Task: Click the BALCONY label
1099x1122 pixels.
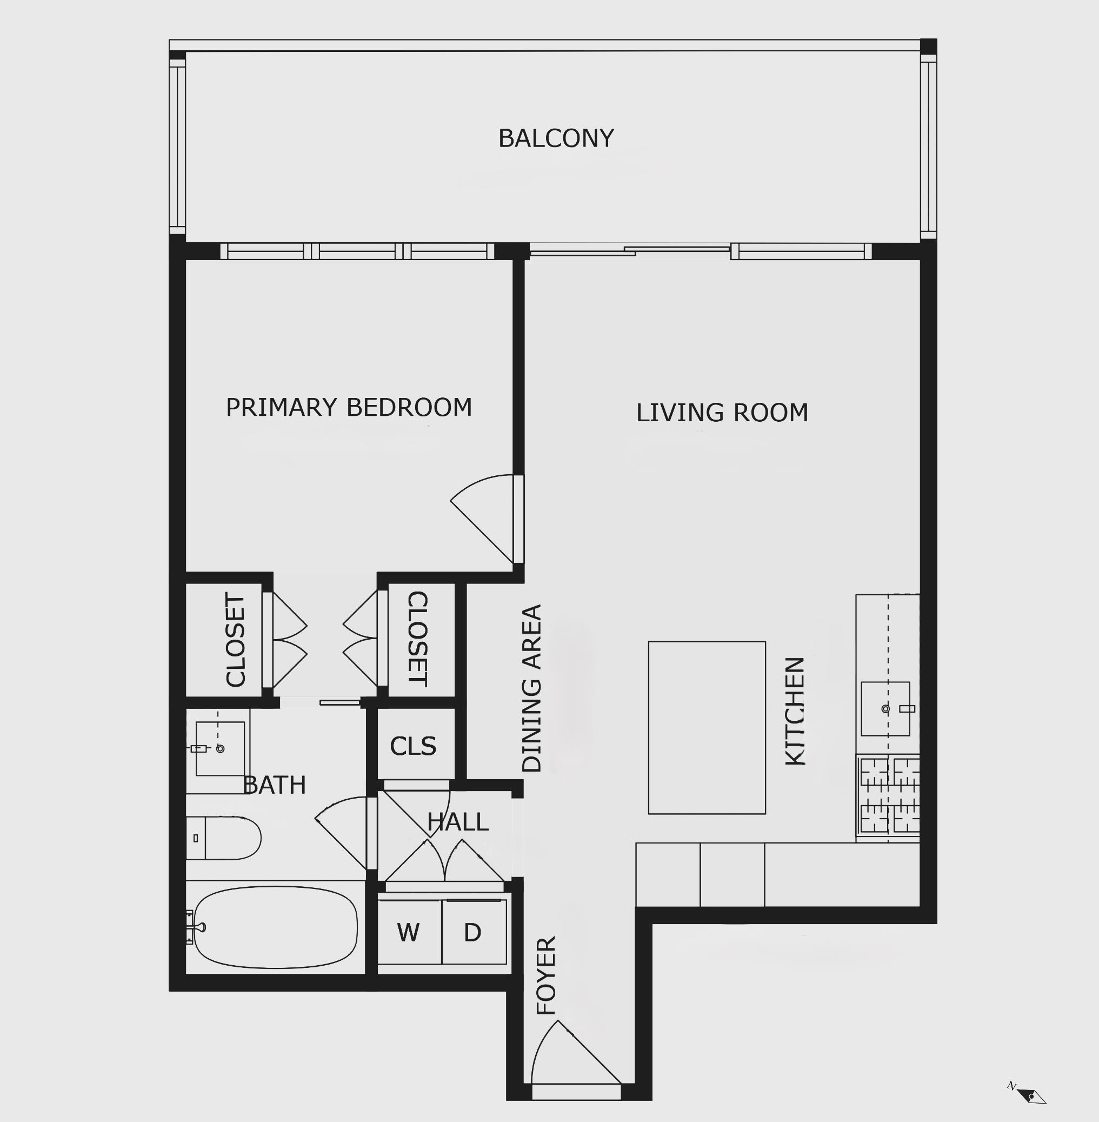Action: pos(556,138)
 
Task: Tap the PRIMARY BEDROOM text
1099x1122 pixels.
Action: pos(349,408)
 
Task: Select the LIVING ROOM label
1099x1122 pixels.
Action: pos(722,413)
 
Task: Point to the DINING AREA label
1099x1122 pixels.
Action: pos(531,688)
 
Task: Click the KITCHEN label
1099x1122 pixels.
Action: pos(795,712)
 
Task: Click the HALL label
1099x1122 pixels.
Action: pos(458,822)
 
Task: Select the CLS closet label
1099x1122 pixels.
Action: pos(412,746)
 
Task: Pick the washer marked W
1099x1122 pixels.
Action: pos(410,932)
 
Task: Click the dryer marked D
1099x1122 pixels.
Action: pos(474,932)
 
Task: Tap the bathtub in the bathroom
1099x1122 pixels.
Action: pos(276,927)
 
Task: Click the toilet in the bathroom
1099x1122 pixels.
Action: pos(223,838)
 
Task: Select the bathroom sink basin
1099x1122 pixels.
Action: pos(220,748)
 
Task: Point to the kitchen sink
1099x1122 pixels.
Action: pos(885,708)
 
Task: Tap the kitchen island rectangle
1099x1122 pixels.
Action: pos(707,728)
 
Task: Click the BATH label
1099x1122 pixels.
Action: pos(275,785)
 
